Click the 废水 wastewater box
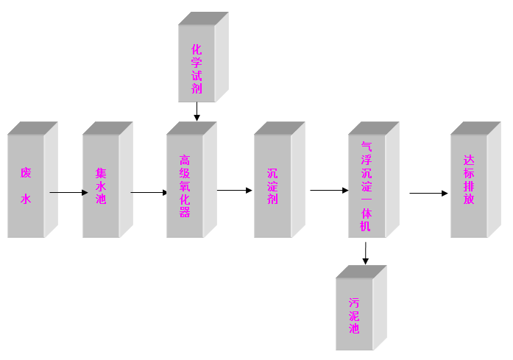click(x=26, y=186)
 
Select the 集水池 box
click(x=101, y=186)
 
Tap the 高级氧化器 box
click(x=185, y=186)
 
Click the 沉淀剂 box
click(x=272, y=186)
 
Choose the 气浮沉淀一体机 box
click(x=367, y=186)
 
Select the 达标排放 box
click(x=469, y=186)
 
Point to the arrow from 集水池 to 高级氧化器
click(x=149, y=194)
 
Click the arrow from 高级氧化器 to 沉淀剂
click(x=235, y=191)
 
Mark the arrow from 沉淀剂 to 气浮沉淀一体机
click(x=329, y=191)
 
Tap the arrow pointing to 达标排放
click(x=428, y=194)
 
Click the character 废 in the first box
click(x=26, y=174)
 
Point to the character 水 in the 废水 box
click(x=26, y=199)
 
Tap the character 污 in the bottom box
click(x=354, y=303)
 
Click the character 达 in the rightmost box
click(x=469, y=159)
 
